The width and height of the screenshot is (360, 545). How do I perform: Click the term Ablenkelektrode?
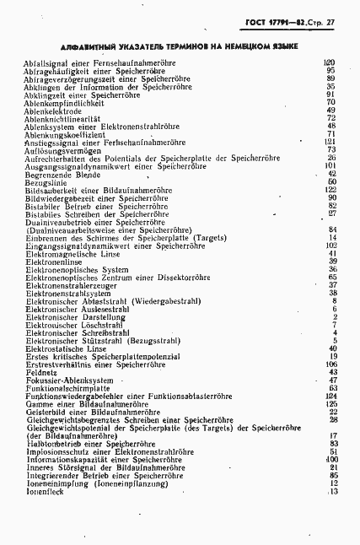pos(52,110)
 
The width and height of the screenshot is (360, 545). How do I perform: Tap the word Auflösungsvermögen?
pos(58,149)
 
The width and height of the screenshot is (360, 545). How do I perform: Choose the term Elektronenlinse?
pos(53,261)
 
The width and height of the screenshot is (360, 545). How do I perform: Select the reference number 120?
pos(330,62)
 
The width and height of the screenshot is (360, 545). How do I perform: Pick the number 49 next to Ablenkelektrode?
pos(331,110)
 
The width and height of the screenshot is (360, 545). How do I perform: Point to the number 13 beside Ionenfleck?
pos(332,491)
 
